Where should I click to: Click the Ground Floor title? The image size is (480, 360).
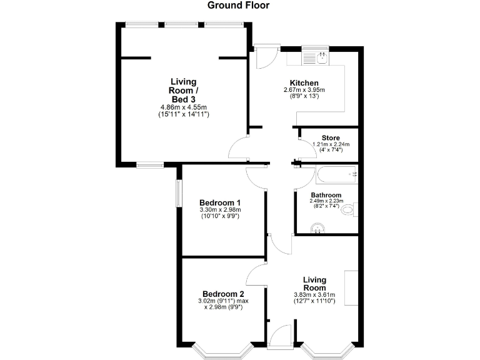[239, 6]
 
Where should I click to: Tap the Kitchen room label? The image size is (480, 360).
[304, 83]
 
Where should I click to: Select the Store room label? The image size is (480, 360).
[331, 137]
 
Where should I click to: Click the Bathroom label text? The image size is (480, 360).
[326, 195]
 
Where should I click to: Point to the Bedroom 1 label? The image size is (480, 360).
[221, 202]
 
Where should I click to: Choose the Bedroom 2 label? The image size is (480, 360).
[223, 294]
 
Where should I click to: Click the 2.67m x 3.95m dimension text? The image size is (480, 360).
[304, 90]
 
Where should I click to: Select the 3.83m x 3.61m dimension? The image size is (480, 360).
[315, 295]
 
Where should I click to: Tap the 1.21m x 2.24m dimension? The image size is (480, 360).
[331, 144]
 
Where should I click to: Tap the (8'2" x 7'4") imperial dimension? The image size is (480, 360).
[326, 206]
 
